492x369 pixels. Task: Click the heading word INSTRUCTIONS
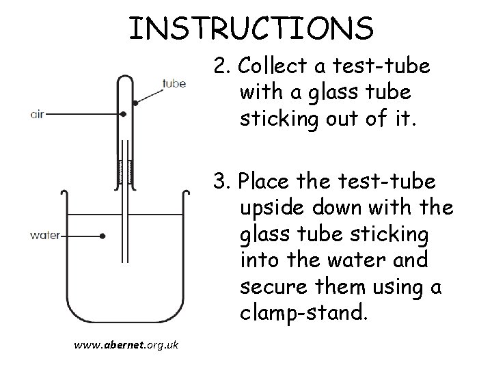tap(251, 29)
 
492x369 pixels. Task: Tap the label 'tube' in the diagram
tap(174, 85)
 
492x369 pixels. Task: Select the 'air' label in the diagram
tap(37, 115)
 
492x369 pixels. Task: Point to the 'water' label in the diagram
tap(45, 236)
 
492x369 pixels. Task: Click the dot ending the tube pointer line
tap(135, 103)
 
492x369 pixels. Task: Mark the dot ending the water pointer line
tap(102, 236)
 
